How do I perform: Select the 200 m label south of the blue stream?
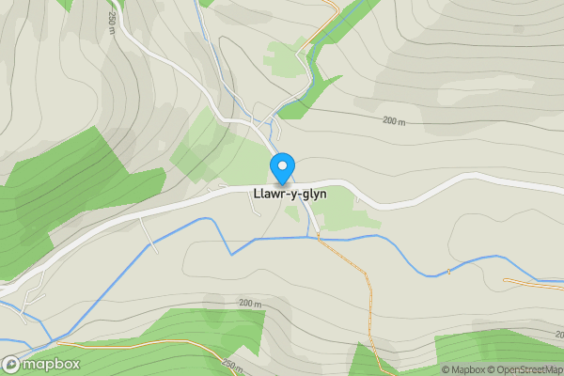249,304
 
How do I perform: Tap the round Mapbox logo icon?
12,364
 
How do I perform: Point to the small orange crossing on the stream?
449,272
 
